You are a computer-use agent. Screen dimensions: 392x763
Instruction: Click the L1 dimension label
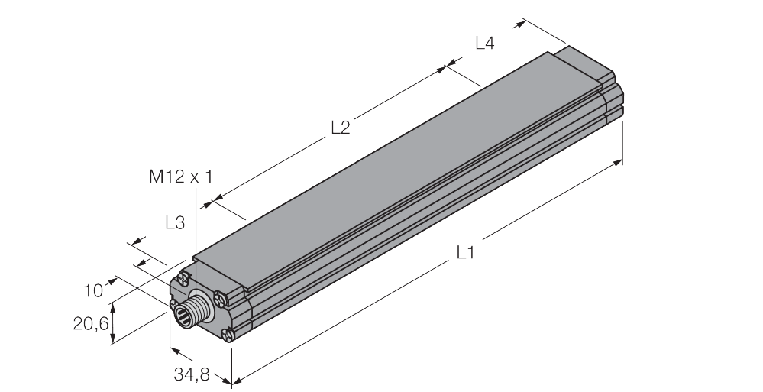point(465,252)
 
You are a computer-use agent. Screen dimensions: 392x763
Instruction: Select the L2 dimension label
point(340,128)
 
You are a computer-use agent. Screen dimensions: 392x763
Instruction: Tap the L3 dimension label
point(175,223)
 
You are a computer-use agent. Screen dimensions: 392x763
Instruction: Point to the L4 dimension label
point(484,44)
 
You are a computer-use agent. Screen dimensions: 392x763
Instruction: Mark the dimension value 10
point(93,290)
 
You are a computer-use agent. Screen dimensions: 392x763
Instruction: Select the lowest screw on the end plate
point(227,333)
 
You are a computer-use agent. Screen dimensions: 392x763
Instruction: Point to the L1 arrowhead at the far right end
point(619,162)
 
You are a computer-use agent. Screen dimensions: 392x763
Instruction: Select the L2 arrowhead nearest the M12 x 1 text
point(214,202)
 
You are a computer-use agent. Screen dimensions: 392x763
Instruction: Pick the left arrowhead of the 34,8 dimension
point(173,351)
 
